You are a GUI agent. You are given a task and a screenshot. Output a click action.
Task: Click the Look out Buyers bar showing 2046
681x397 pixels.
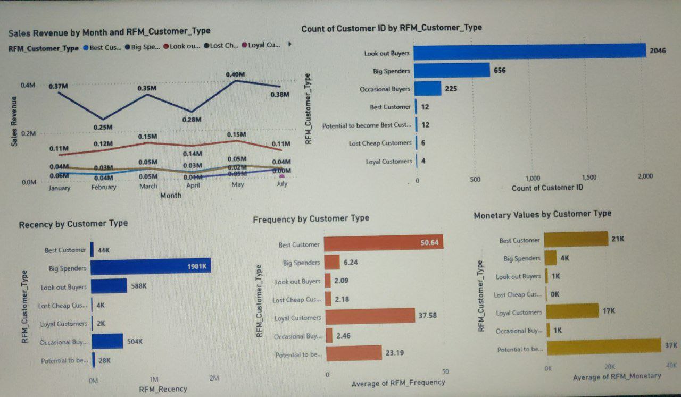pos(529,52)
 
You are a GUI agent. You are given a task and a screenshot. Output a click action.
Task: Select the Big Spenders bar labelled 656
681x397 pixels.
pos(452,70)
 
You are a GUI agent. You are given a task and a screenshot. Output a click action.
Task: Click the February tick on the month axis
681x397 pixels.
pos(104,187)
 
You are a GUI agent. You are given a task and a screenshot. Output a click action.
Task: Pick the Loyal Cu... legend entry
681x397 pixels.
pos(261,46)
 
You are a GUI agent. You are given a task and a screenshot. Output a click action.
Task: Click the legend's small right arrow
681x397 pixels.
pos(290,45)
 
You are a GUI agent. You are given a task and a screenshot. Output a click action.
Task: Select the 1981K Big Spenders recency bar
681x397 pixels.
pos(151,266)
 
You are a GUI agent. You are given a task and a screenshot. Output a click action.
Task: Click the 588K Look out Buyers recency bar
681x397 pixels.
pos(110,286)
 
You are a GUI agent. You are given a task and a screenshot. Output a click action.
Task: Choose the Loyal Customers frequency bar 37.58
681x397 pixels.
pos(370,316)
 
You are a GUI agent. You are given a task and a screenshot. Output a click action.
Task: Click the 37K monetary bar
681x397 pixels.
pos(604,347)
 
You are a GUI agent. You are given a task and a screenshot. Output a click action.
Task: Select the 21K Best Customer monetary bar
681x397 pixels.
pos(577,239)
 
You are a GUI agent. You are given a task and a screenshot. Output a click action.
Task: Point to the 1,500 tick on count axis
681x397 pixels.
pos(589,178)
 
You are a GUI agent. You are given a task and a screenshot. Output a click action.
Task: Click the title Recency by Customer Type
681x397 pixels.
pos(73,224)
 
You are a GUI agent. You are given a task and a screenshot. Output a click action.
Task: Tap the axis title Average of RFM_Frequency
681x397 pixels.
pos(398,383)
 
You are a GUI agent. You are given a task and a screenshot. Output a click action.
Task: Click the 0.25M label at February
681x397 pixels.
pos(103,127)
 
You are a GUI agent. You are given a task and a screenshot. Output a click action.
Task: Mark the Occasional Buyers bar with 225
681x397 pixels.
pos(428,88)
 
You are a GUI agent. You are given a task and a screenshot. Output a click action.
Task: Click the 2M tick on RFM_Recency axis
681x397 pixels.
pos(214,378)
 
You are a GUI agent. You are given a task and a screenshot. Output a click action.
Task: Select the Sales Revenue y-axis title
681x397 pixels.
pos(14,122)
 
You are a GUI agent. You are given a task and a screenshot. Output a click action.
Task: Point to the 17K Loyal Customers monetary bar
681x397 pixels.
pos(572,311)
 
